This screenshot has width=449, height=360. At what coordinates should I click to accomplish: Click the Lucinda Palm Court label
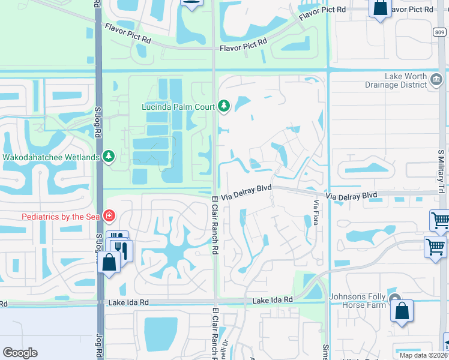coord(178,107)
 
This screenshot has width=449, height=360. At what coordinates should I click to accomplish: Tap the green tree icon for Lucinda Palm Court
coord(224,106)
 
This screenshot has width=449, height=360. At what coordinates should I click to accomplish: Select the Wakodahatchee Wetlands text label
coord(51,157)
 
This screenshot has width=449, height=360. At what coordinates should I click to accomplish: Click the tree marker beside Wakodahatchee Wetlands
coord(109,157)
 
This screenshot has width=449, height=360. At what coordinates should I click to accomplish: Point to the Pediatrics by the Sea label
coord(61,215)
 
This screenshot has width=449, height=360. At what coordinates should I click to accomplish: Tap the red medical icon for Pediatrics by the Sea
coord(109,215)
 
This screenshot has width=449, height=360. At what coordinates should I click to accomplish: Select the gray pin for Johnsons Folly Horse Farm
coord(394,299)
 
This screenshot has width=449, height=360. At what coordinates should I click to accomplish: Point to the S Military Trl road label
coord(440,171)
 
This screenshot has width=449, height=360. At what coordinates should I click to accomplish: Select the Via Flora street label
coord(315,212)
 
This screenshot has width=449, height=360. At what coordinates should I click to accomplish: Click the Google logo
coord(20,353)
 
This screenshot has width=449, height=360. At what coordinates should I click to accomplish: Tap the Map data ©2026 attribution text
coord(423,355)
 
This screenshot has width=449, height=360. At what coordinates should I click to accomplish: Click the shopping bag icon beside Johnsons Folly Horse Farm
coord(402,311)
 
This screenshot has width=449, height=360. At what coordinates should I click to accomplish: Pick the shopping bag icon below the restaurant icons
coord(109,263)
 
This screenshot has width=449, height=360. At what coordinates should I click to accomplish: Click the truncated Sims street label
coord(325,352)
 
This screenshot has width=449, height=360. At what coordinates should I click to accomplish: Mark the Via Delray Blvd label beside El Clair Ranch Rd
coord(247,188)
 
